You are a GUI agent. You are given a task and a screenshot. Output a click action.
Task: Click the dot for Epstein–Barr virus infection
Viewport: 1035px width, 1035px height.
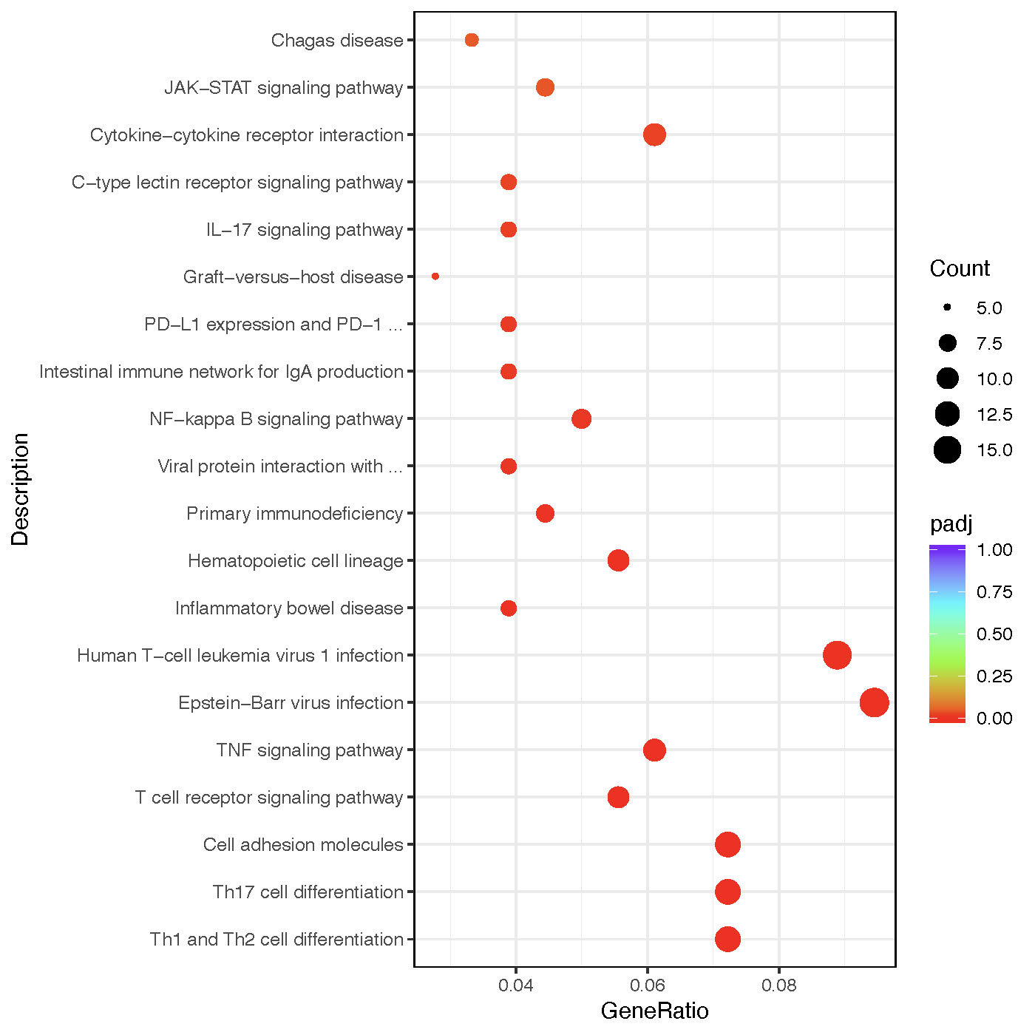coord(874,702)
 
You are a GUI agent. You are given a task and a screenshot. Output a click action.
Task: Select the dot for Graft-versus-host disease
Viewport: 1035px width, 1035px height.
coord(435,276)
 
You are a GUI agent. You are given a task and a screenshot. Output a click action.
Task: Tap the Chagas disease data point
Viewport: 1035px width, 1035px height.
coord(472,40)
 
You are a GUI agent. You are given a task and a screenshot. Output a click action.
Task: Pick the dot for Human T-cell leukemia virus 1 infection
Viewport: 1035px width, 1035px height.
coord(837,655)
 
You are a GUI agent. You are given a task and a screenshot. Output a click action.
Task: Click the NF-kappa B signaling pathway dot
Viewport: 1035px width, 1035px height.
coord(581,418)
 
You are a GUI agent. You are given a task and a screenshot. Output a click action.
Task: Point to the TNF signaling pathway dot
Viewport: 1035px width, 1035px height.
coord(654,750)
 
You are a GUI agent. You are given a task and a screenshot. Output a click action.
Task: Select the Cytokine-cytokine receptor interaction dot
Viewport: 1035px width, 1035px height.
coord(654,135)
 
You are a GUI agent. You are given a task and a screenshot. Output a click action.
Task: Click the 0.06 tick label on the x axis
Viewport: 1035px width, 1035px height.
coord(648,985)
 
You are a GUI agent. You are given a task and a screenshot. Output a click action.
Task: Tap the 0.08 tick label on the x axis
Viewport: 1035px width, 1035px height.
coord(779,985)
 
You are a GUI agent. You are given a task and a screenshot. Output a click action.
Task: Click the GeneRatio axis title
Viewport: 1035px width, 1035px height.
coord(654,1011)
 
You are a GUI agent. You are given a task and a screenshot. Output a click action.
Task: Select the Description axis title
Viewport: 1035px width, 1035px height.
coord(20,489)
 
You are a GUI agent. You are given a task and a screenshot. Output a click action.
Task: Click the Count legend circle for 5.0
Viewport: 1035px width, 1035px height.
coord(947,308)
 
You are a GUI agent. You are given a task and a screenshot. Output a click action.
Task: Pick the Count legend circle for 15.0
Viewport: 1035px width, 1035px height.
coord(947,449)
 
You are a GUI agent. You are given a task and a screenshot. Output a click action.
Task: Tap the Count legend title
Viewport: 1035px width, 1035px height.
coord(960,268)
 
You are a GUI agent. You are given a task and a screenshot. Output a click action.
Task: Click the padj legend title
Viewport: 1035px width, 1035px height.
coord(951,524)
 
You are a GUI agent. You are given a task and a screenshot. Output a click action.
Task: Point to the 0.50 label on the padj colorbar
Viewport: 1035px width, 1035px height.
coord(994,634)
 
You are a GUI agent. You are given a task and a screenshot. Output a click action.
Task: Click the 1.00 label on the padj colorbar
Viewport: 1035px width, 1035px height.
coord(994,550)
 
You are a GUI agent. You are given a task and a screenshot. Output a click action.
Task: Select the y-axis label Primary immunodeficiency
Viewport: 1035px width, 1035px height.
coord(294,514)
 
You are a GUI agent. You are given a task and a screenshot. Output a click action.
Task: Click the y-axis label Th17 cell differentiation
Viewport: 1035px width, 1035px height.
coord(308,892)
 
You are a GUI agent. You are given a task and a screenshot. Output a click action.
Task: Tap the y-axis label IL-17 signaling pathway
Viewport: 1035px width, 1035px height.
coord(305,230)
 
